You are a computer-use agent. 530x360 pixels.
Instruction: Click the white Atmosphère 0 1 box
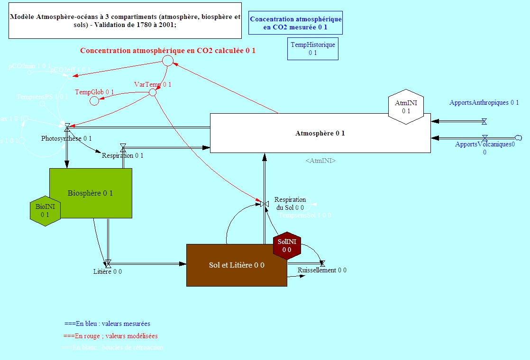coord(320,133)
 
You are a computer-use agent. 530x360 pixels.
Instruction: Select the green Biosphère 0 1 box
coord(91,193)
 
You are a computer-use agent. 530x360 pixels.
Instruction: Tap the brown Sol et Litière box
coord(237,265)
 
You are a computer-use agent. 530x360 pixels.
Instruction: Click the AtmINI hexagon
coord(406,107)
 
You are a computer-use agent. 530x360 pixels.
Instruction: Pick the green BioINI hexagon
coord(45,210)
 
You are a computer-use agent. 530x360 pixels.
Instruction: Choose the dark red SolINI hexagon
coord(287,245)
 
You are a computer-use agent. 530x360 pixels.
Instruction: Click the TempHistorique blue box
coord(312,49)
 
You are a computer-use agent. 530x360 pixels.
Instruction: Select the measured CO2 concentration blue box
coord(295,23)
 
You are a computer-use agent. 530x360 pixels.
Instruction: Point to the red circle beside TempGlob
coord(94,100)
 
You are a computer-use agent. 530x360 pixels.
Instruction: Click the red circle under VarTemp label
coord(153,92)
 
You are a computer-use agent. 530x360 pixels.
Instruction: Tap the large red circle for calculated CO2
coord(167,60)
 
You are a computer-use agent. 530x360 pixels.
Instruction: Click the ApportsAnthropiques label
coord(484,102)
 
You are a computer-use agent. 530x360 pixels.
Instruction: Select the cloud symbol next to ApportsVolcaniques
coord(518,138)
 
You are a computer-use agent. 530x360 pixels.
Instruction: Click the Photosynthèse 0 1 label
coord(66,138)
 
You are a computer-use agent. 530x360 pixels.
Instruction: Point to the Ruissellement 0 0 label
coord(322,270)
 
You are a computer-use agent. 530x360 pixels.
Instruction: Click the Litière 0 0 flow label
coord(108,271)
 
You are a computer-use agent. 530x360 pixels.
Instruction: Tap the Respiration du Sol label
coord(290,203)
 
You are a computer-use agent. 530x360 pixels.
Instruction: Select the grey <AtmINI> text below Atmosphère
coord(320,161)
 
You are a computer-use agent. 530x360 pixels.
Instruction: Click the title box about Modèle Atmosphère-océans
coord(125,20)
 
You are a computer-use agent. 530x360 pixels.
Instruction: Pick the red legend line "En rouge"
coord(110,336)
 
